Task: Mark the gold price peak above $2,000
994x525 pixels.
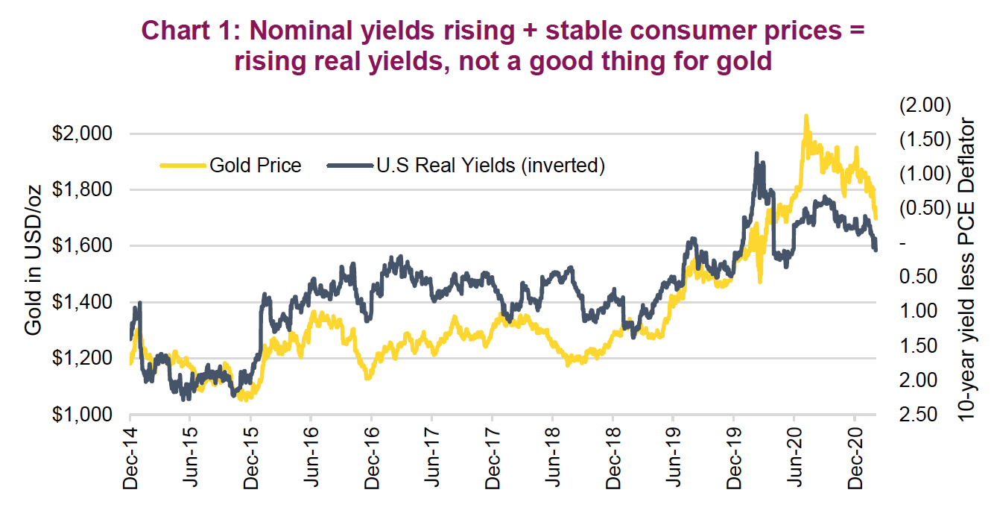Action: point(805,117)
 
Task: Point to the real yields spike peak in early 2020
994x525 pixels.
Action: point(757,154)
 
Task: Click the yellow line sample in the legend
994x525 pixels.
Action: point(180,166)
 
